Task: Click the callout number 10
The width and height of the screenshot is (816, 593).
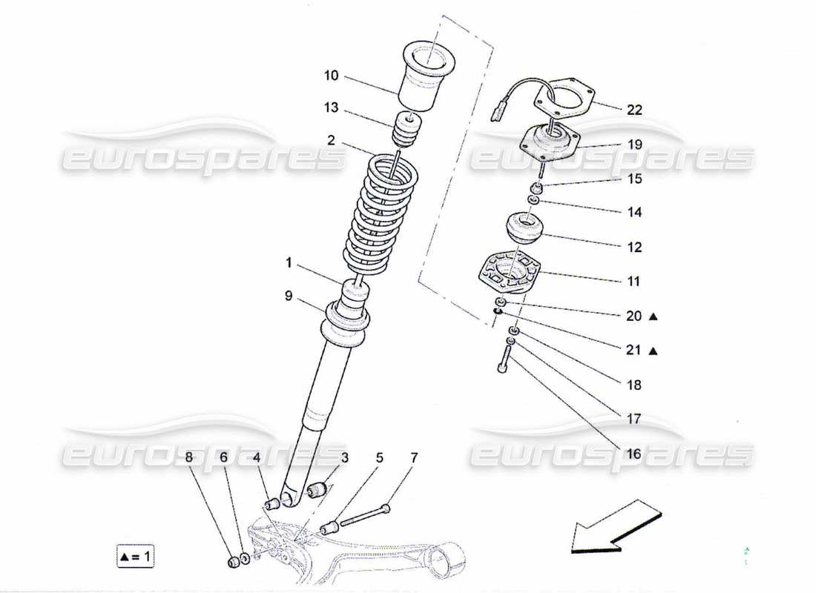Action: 331,76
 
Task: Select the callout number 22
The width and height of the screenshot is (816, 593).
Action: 634,110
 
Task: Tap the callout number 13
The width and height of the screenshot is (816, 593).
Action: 331,108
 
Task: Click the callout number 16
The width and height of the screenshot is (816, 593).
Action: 633,454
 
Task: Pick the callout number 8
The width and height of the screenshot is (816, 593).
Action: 189,459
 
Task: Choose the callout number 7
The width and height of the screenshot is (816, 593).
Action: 414,459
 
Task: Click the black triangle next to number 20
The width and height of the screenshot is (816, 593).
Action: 654,317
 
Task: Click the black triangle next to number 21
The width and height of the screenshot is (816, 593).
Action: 654,351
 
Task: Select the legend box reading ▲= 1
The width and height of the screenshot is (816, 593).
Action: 136,555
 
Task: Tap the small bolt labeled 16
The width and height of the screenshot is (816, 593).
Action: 503,362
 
